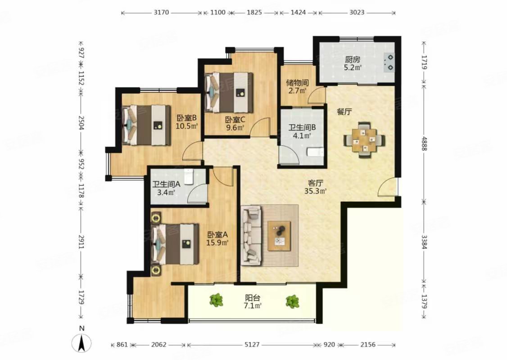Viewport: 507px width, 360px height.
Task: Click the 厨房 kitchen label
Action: click(353, 59)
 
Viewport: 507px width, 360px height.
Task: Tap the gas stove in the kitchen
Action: click(389, 63)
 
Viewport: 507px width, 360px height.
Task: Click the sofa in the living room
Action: click(252, 235)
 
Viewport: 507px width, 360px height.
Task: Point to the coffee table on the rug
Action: click(279, 236)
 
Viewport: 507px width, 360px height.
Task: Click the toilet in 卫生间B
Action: click(315, 152)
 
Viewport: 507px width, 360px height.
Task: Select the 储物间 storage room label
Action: click(297, 83)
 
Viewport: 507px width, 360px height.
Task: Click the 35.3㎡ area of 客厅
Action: click(315, 191)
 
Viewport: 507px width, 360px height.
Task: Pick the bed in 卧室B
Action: click(146, 125)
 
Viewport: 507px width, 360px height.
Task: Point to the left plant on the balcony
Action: click(216, 300)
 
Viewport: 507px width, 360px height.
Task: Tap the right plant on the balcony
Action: click(292, 301)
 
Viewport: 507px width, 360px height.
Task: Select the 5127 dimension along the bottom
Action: click(252, 345)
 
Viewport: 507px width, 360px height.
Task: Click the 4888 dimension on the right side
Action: click(425, 144)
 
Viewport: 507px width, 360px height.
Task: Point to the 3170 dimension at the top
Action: click(161, 13)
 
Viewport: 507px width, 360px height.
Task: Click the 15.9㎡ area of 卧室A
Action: click(217, 243)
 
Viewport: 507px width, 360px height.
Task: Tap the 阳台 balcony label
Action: click(253, 298)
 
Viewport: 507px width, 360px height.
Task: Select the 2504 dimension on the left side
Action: click(81, 123)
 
